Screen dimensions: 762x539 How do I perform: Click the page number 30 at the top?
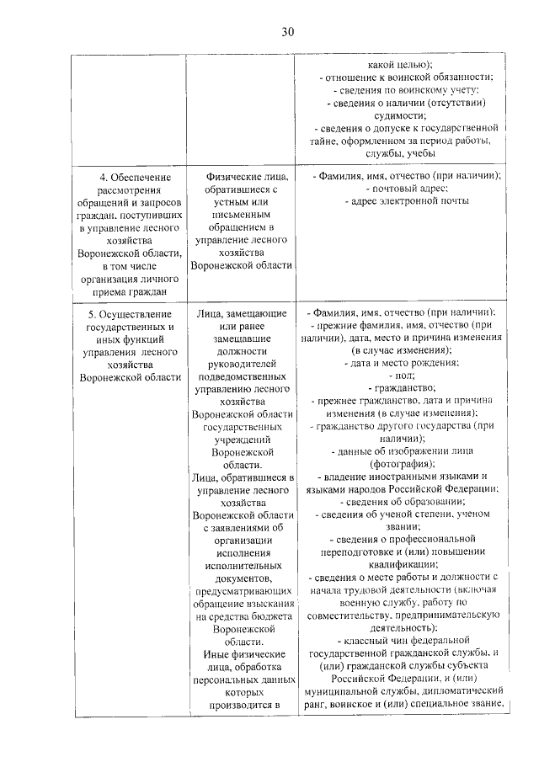287,32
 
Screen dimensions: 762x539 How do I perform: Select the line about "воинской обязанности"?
407,77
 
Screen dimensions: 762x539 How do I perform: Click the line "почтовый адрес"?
407,189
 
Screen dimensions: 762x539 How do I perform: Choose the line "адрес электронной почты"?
407,201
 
